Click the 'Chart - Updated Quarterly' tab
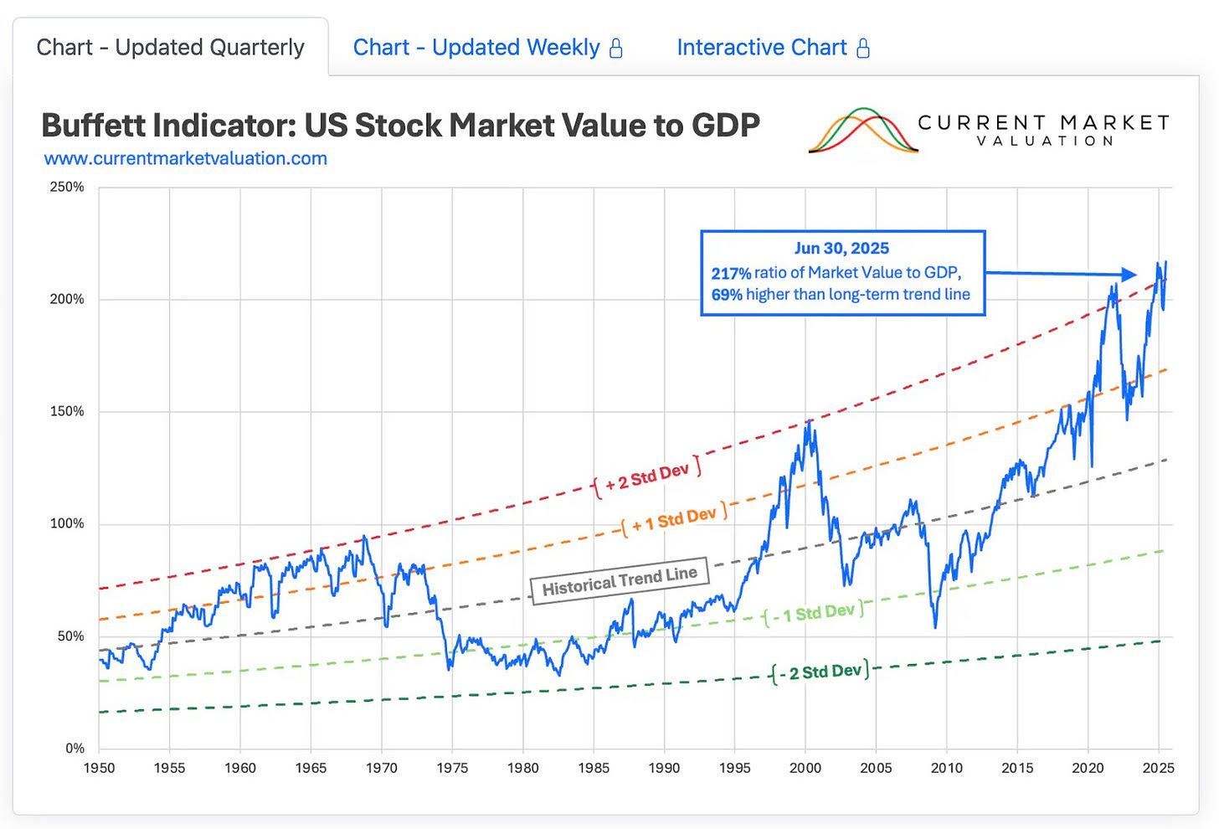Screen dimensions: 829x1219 pos(170,48)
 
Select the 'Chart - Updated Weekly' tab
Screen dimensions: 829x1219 pos(476,48)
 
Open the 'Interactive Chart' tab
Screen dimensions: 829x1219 pos(761,48)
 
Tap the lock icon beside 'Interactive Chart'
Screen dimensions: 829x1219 pos(863,49)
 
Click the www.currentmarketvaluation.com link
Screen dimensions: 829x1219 pos(185,158)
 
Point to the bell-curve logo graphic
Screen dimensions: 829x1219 pos(862,131)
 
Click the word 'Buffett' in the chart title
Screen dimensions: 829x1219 pos(96,126)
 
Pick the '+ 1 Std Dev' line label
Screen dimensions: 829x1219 pos(674,520)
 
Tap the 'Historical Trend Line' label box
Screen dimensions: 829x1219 pos(620,579)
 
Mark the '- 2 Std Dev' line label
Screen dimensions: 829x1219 pos(820,672)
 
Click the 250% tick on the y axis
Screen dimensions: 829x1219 pos(67,187)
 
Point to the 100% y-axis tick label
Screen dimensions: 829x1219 pos(67,524)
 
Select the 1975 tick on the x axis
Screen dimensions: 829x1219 pos(452,768)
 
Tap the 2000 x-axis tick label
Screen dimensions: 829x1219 pos(805,768)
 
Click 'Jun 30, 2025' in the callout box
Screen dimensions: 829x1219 pos(841,249)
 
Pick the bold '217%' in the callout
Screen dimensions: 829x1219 pos(731,273)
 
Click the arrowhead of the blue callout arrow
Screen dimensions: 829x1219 pos(1129,274)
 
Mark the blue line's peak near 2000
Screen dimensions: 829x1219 pos(809,421)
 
